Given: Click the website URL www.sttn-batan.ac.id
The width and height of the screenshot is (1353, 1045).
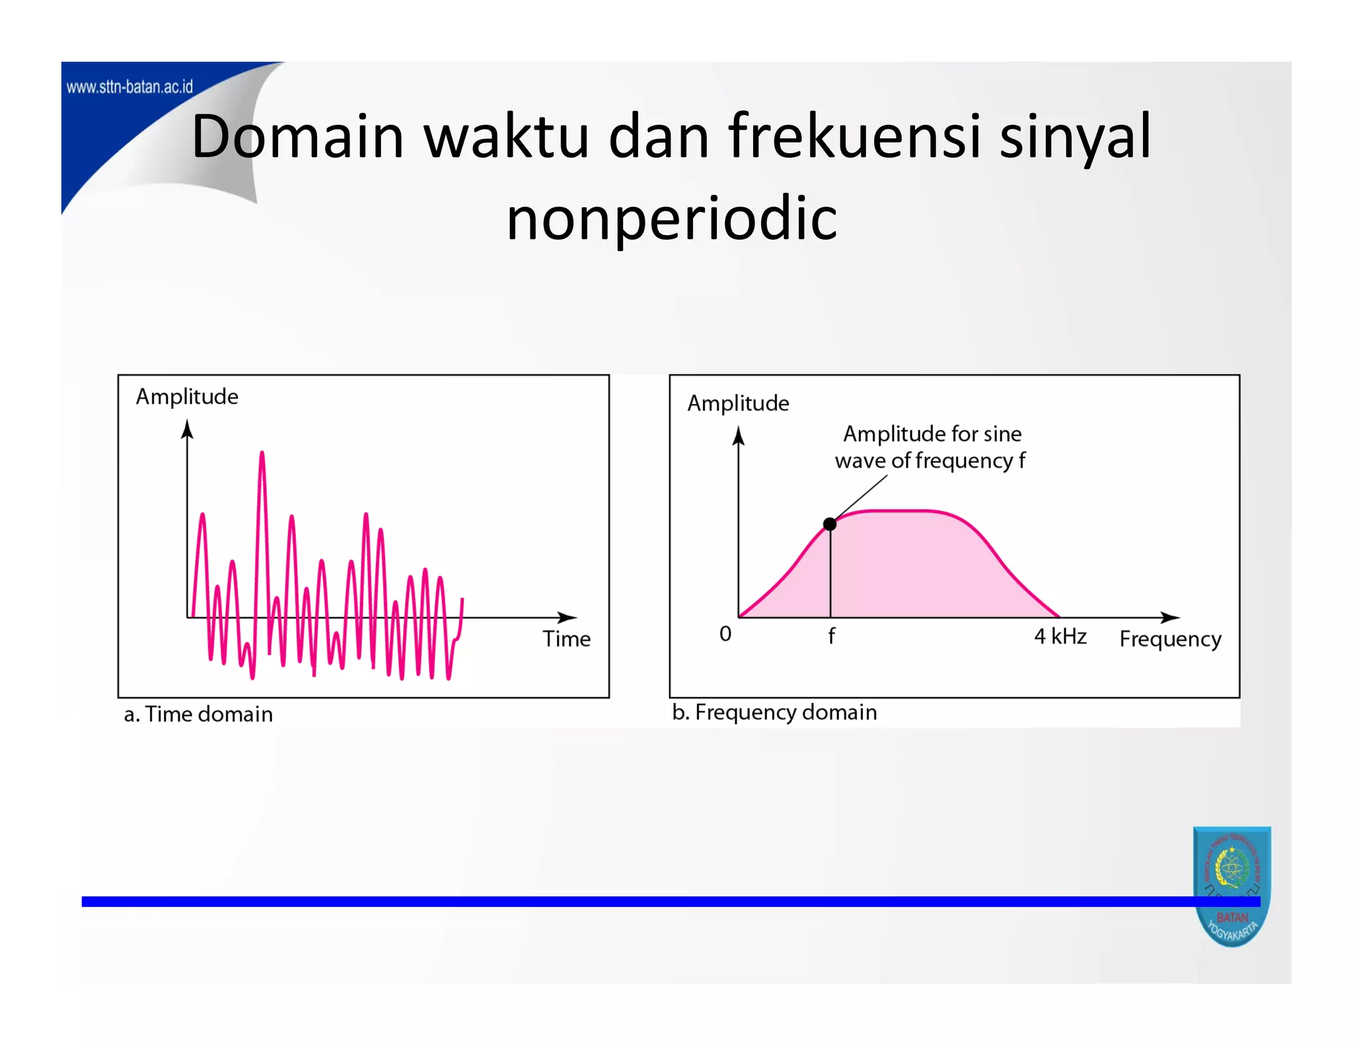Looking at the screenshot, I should click(x=129, y=87).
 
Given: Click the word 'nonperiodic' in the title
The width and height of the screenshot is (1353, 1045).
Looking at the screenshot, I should click(x=672, y=218).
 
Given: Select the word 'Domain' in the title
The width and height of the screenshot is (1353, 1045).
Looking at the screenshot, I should click(x=297, y=136).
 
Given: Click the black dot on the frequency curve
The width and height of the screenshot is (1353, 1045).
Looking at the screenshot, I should click(x=830, y=524).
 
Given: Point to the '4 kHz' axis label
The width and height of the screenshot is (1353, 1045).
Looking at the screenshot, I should click(x=1060, y=636).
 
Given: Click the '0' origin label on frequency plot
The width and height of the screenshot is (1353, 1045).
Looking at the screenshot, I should click(x=725, y=633).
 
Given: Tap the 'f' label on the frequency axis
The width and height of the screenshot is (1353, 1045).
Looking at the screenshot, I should click(x=831, y=635).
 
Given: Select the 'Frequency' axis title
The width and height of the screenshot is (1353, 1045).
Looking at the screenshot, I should click(x=1170, y=639).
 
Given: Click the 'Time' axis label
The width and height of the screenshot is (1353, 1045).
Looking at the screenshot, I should click(x=566, y=639).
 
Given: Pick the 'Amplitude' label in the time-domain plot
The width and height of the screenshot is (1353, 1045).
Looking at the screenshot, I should click(x=187, y=396).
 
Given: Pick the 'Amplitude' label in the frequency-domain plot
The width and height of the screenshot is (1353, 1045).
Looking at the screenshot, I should click(x=738, y=403).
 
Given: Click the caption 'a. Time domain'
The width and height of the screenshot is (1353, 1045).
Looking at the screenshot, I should click(x=198, y=714).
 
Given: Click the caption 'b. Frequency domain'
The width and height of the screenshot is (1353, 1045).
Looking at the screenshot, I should click(x=774, y=712).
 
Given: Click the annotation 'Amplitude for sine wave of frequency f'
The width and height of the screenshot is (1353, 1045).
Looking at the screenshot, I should click(x=931, y=447).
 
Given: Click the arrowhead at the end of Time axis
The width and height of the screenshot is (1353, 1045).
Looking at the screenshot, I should click(x=569, y=618).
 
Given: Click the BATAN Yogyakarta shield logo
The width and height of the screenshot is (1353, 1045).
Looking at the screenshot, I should click(x=1231, y=885).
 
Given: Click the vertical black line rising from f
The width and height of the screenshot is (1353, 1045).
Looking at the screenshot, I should click(x=830, y=575).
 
